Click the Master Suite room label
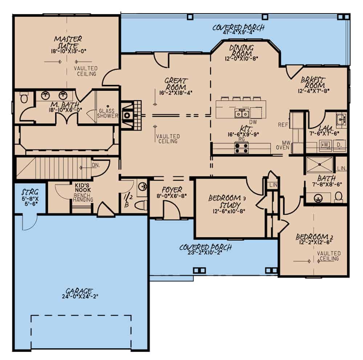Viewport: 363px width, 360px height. click(x=68, y=42)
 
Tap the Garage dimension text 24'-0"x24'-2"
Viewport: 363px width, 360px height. click(x=80, y=296)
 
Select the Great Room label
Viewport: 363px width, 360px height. click(x=175, y=84)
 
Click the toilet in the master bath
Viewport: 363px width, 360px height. click(x=24, y=98)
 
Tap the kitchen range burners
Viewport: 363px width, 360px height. click(x=241, y=148)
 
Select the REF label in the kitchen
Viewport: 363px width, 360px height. click(x=282, y=124)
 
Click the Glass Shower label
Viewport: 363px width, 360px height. click(x=108, y=113)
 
